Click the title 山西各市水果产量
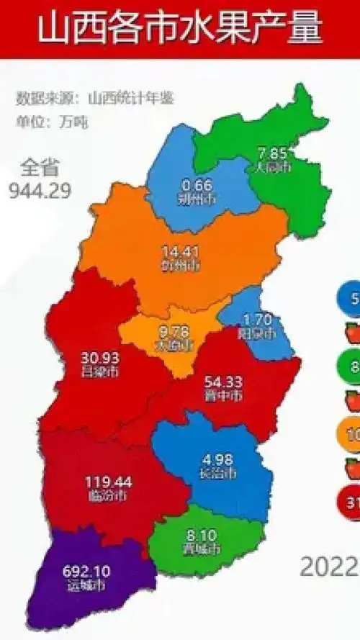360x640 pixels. pyautogui.click(x=179, y=30)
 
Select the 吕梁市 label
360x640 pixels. pyautogui.click(x=100, y=371)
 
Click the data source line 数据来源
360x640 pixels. pyautogui.click(x=95, y=98)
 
